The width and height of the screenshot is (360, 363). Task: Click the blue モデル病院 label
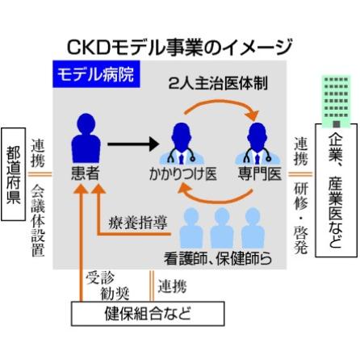tap(96, 74)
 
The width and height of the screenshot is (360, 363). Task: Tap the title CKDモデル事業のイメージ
tap(179, 48)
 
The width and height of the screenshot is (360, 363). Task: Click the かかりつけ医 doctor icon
tap(181, 144)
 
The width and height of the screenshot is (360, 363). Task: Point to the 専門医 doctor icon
tap(257, 144)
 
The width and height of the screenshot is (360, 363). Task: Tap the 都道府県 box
tap(14, 174)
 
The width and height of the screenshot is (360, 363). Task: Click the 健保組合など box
tap(148, 314)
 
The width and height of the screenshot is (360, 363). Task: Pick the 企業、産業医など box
tap(336, 190)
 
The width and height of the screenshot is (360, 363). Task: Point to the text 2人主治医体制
tap(218, 83)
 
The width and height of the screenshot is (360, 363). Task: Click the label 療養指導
tap(138, 223)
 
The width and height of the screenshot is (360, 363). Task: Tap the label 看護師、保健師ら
tap(218, 258)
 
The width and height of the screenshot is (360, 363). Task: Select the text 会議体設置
tap(38, 220)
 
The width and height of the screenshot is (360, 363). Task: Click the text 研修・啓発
tap(301, 219)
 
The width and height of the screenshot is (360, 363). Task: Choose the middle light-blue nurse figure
tap(222, 228)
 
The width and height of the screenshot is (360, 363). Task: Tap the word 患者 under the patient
tap(86, 173)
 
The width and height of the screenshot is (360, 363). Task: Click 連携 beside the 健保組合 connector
tap(172, 286)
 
